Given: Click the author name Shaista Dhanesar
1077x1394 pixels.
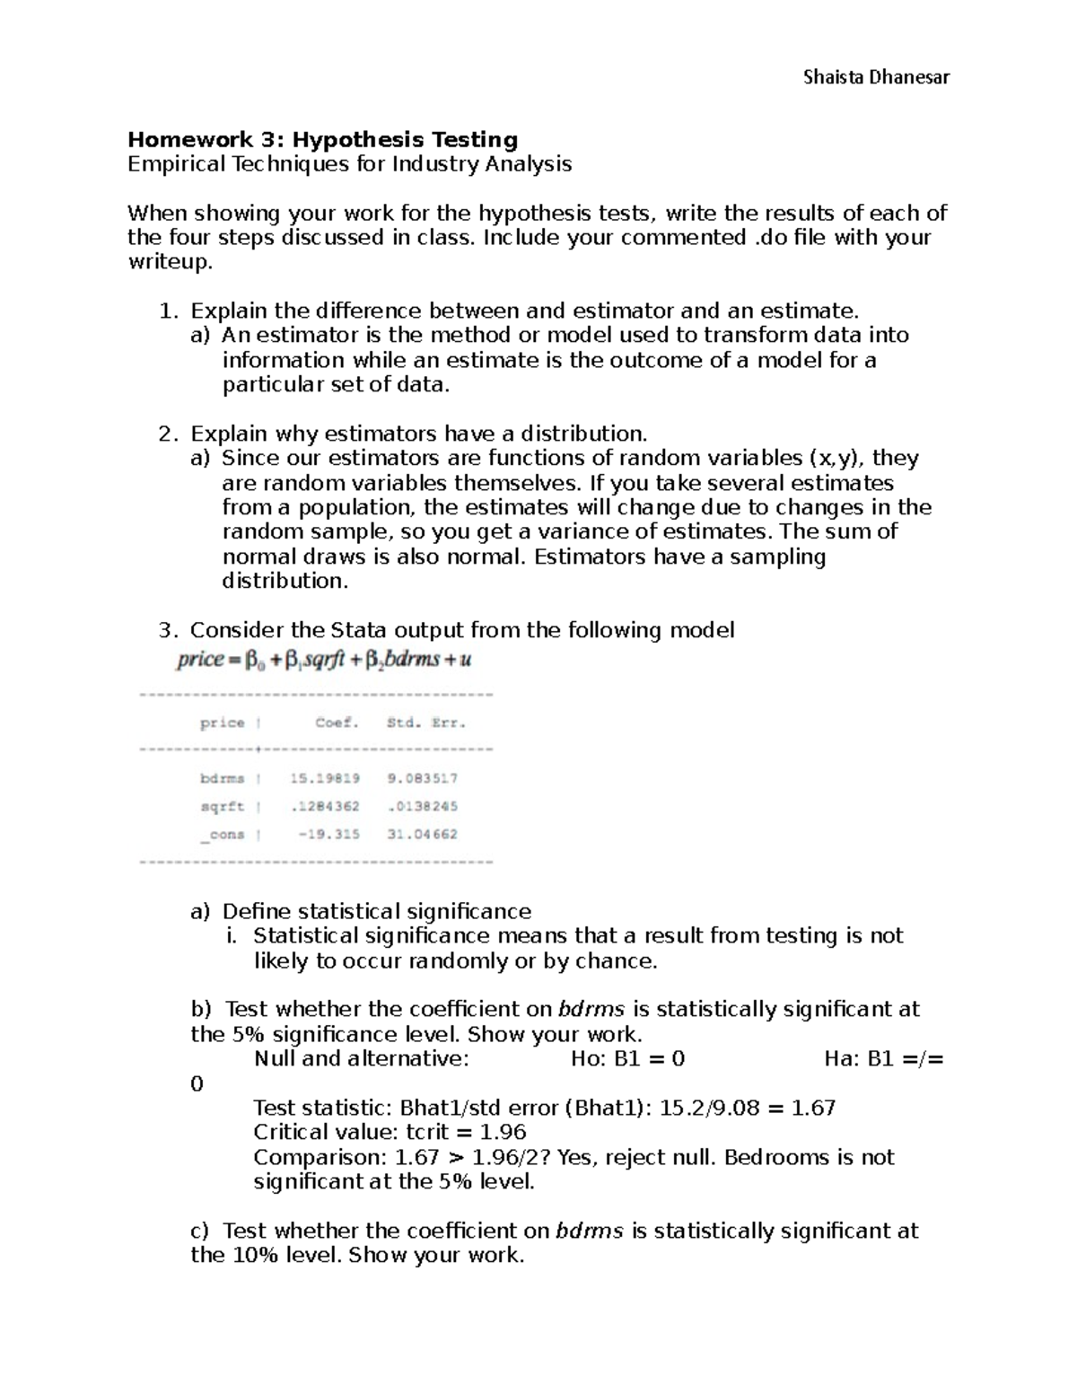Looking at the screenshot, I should point(876,77).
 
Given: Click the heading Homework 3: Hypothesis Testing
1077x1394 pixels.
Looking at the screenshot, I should point(323,139).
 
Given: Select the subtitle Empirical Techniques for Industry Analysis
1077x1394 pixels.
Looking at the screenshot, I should point(349,163).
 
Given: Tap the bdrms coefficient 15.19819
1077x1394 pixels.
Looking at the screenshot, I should point(324,778).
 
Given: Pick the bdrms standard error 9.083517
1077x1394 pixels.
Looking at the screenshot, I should point(422,778).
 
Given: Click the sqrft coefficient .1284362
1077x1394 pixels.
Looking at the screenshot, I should point(324,806).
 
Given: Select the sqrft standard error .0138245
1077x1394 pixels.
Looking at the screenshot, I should point(422,806).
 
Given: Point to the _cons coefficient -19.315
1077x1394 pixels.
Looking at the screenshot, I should point(329,834).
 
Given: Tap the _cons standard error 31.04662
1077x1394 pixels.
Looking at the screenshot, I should point(422,834).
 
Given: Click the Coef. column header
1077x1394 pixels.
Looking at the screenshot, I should point(337,723).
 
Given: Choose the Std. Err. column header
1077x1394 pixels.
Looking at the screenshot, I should point(426,723).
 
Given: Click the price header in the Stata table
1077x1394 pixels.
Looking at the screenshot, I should point(222,723).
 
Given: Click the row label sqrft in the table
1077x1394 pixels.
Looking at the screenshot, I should point(222,806).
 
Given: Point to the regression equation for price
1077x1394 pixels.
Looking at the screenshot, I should point(324,660).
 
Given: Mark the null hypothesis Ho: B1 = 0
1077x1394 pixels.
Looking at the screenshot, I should point(627,1058).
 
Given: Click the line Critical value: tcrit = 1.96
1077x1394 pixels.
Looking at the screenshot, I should point(390,1132).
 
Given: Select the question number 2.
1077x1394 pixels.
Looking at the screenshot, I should point(165,434).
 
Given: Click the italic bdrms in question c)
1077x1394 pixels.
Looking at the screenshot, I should point(589,1231).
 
